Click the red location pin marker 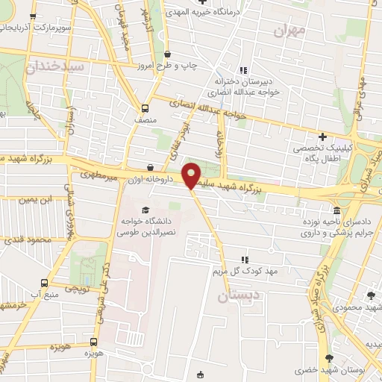pyautogui.click(x=192, y=175)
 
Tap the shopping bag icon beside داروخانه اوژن pyautogui.click(x=151, y=168)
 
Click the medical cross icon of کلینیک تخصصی pyautogui.click(x=322, y=137)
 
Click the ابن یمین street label pyautogui.click(x=38, y=200)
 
